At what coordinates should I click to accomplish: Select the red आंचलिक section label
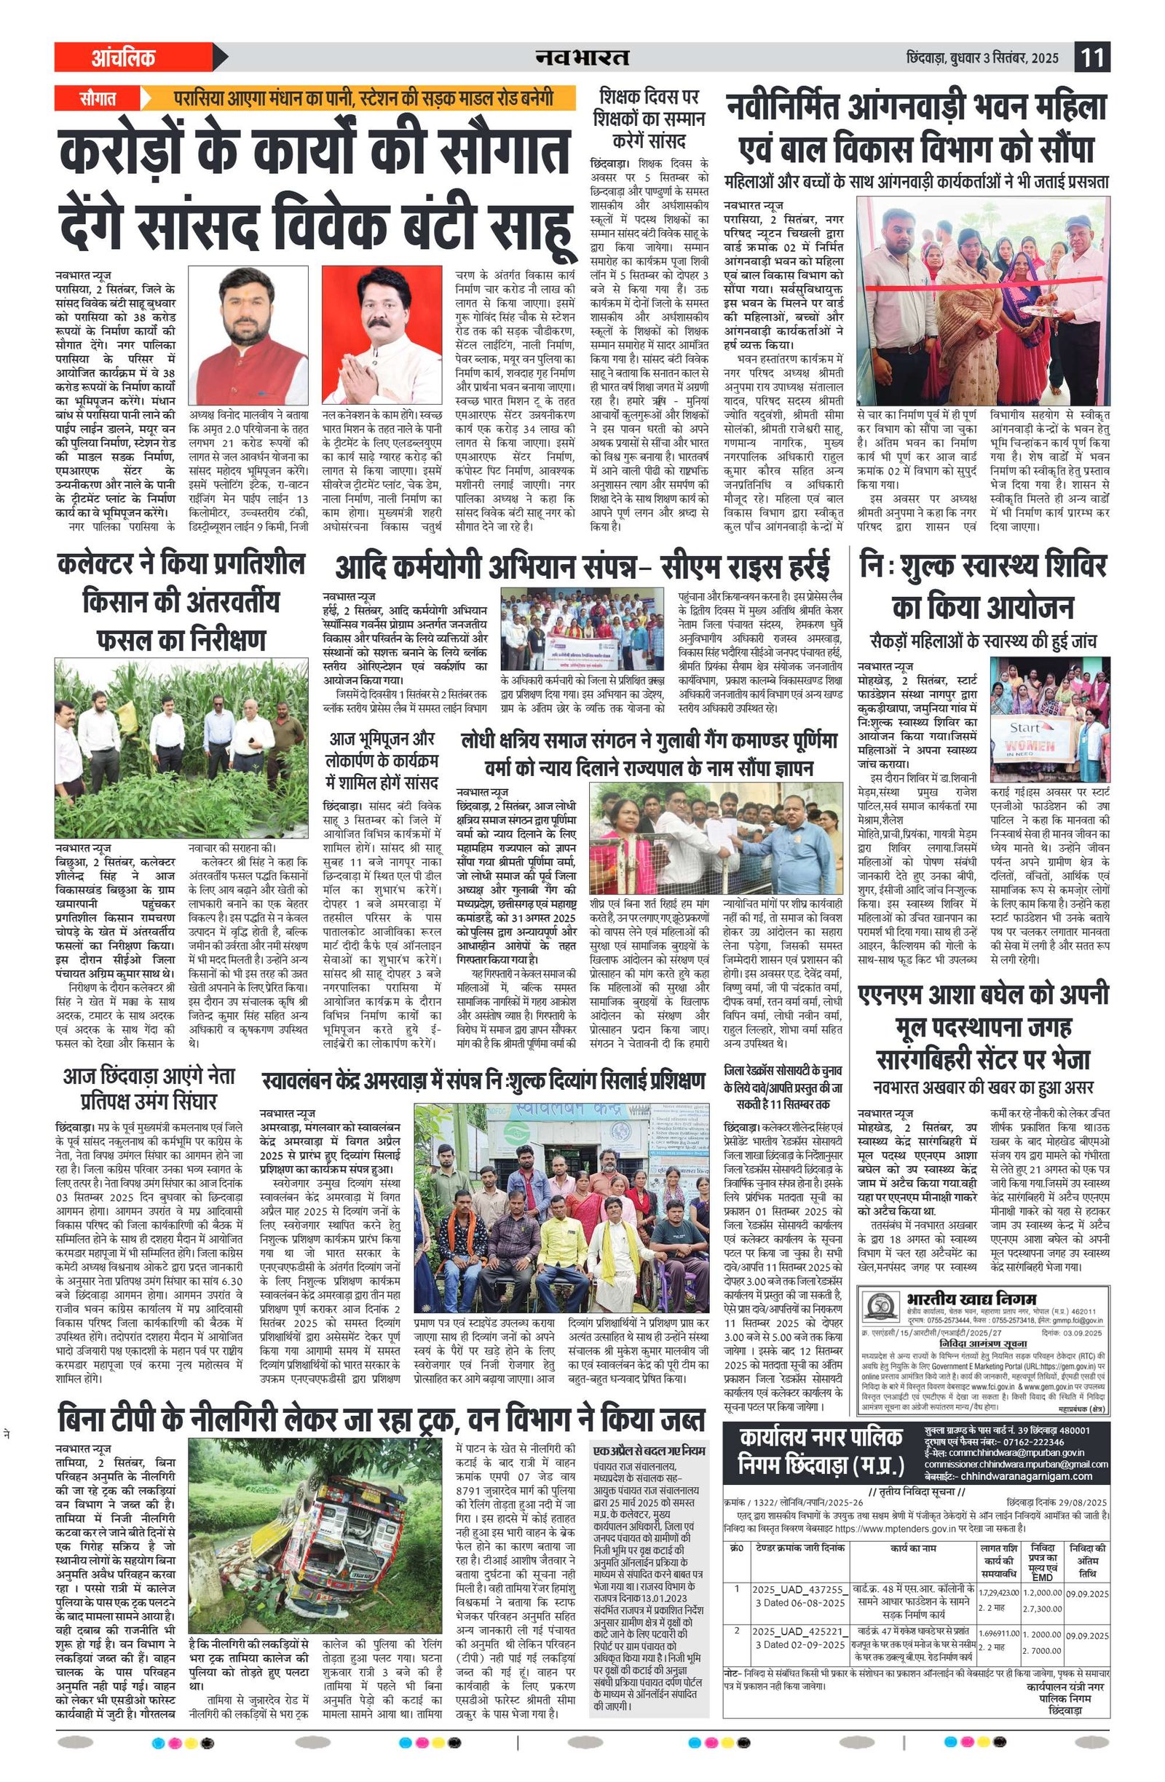124,58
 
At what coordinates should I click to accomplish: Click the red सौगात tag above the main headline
98,98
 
